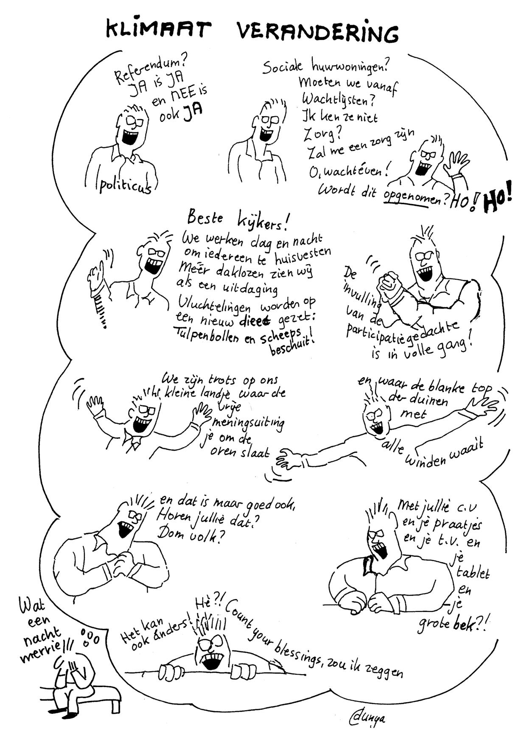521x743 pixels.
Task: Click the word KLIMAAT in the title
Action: click(157, 30)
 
